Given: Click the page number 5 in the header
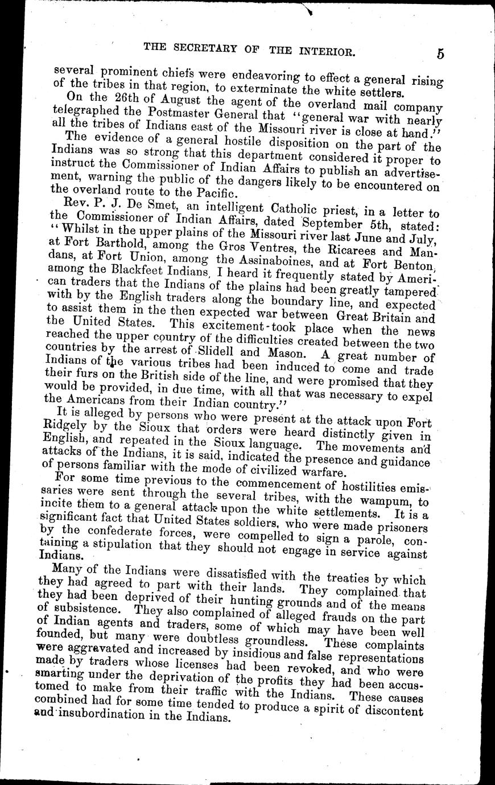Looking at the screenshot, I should tap(441, 54).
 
